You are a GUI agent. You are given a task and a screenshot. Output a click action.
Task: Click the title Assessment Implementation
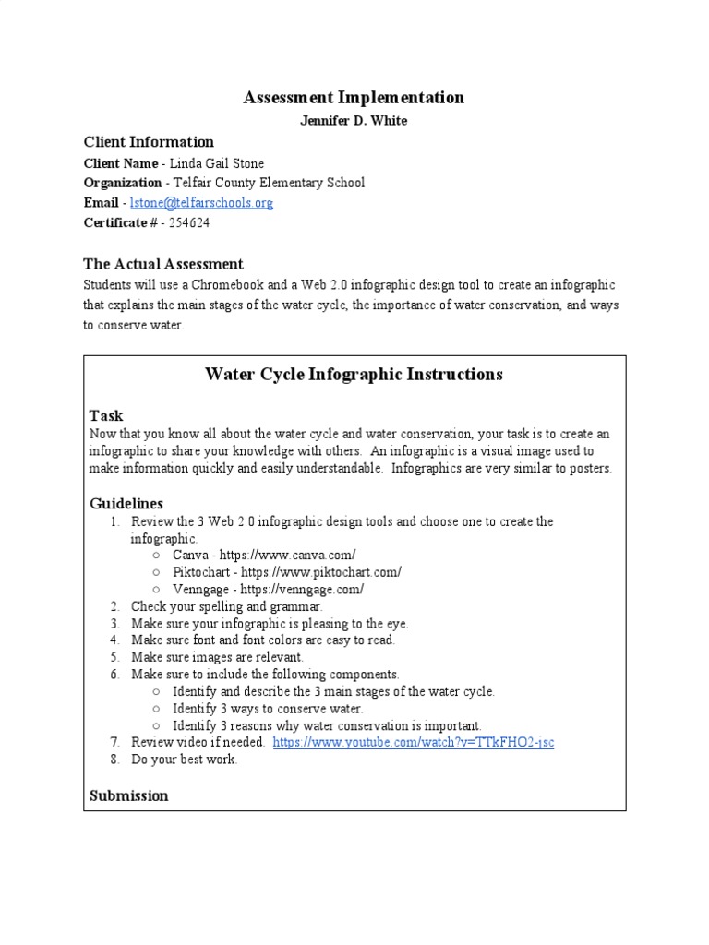click(x=354, y=98)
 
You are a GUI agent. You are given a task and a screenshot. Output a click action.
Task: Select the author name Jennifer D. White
click(x=354, y=121)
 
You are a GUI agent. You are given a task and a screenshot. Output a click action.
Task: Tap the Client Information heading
click(x=149, y=142)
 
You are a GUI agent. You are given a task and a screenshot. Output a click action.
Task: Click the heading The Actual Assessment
click(x=163, y=265)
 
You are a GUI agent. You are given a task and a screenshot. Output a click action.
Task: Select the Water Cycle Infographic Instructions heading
click(x=354, y=375)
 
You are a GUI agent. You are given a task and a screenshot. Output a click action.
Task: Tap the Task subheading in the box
click(x=106, y=415)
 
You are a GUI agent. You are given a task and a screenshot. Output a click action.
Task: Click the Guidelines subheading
click(x=126, y=504)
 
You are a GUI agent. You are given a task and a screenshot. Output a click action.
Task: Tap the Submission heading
click(x=129, y=795)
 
